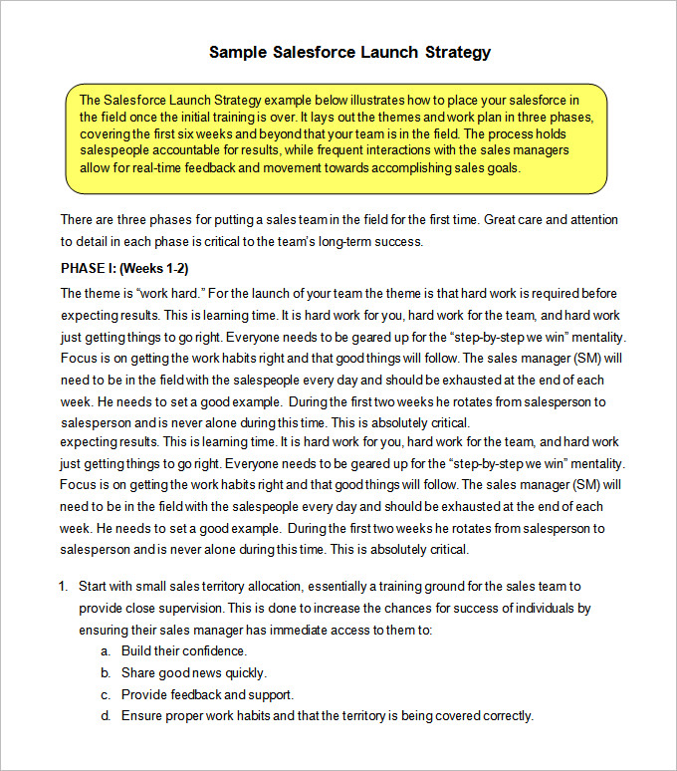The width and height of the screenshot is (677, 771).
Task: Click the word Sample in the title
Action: [x=237, y=52]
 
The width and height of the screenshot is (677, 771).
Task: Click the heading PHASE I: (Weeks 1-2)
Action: [x=124, y=268]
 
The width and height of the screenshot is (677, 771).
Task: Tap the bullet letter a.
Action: [x=105, y=650]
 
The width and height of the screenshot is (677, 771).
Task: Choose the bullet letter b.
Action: [x=105, y=672]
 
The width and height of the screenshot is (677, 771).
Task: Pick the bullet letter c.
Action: [x=105, y=694]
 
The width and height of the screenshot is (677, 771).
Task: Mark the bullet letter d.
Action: [x=105, y=715]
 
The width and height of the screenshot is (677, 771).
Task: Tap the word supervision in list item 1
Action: [x=184, y=608]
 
